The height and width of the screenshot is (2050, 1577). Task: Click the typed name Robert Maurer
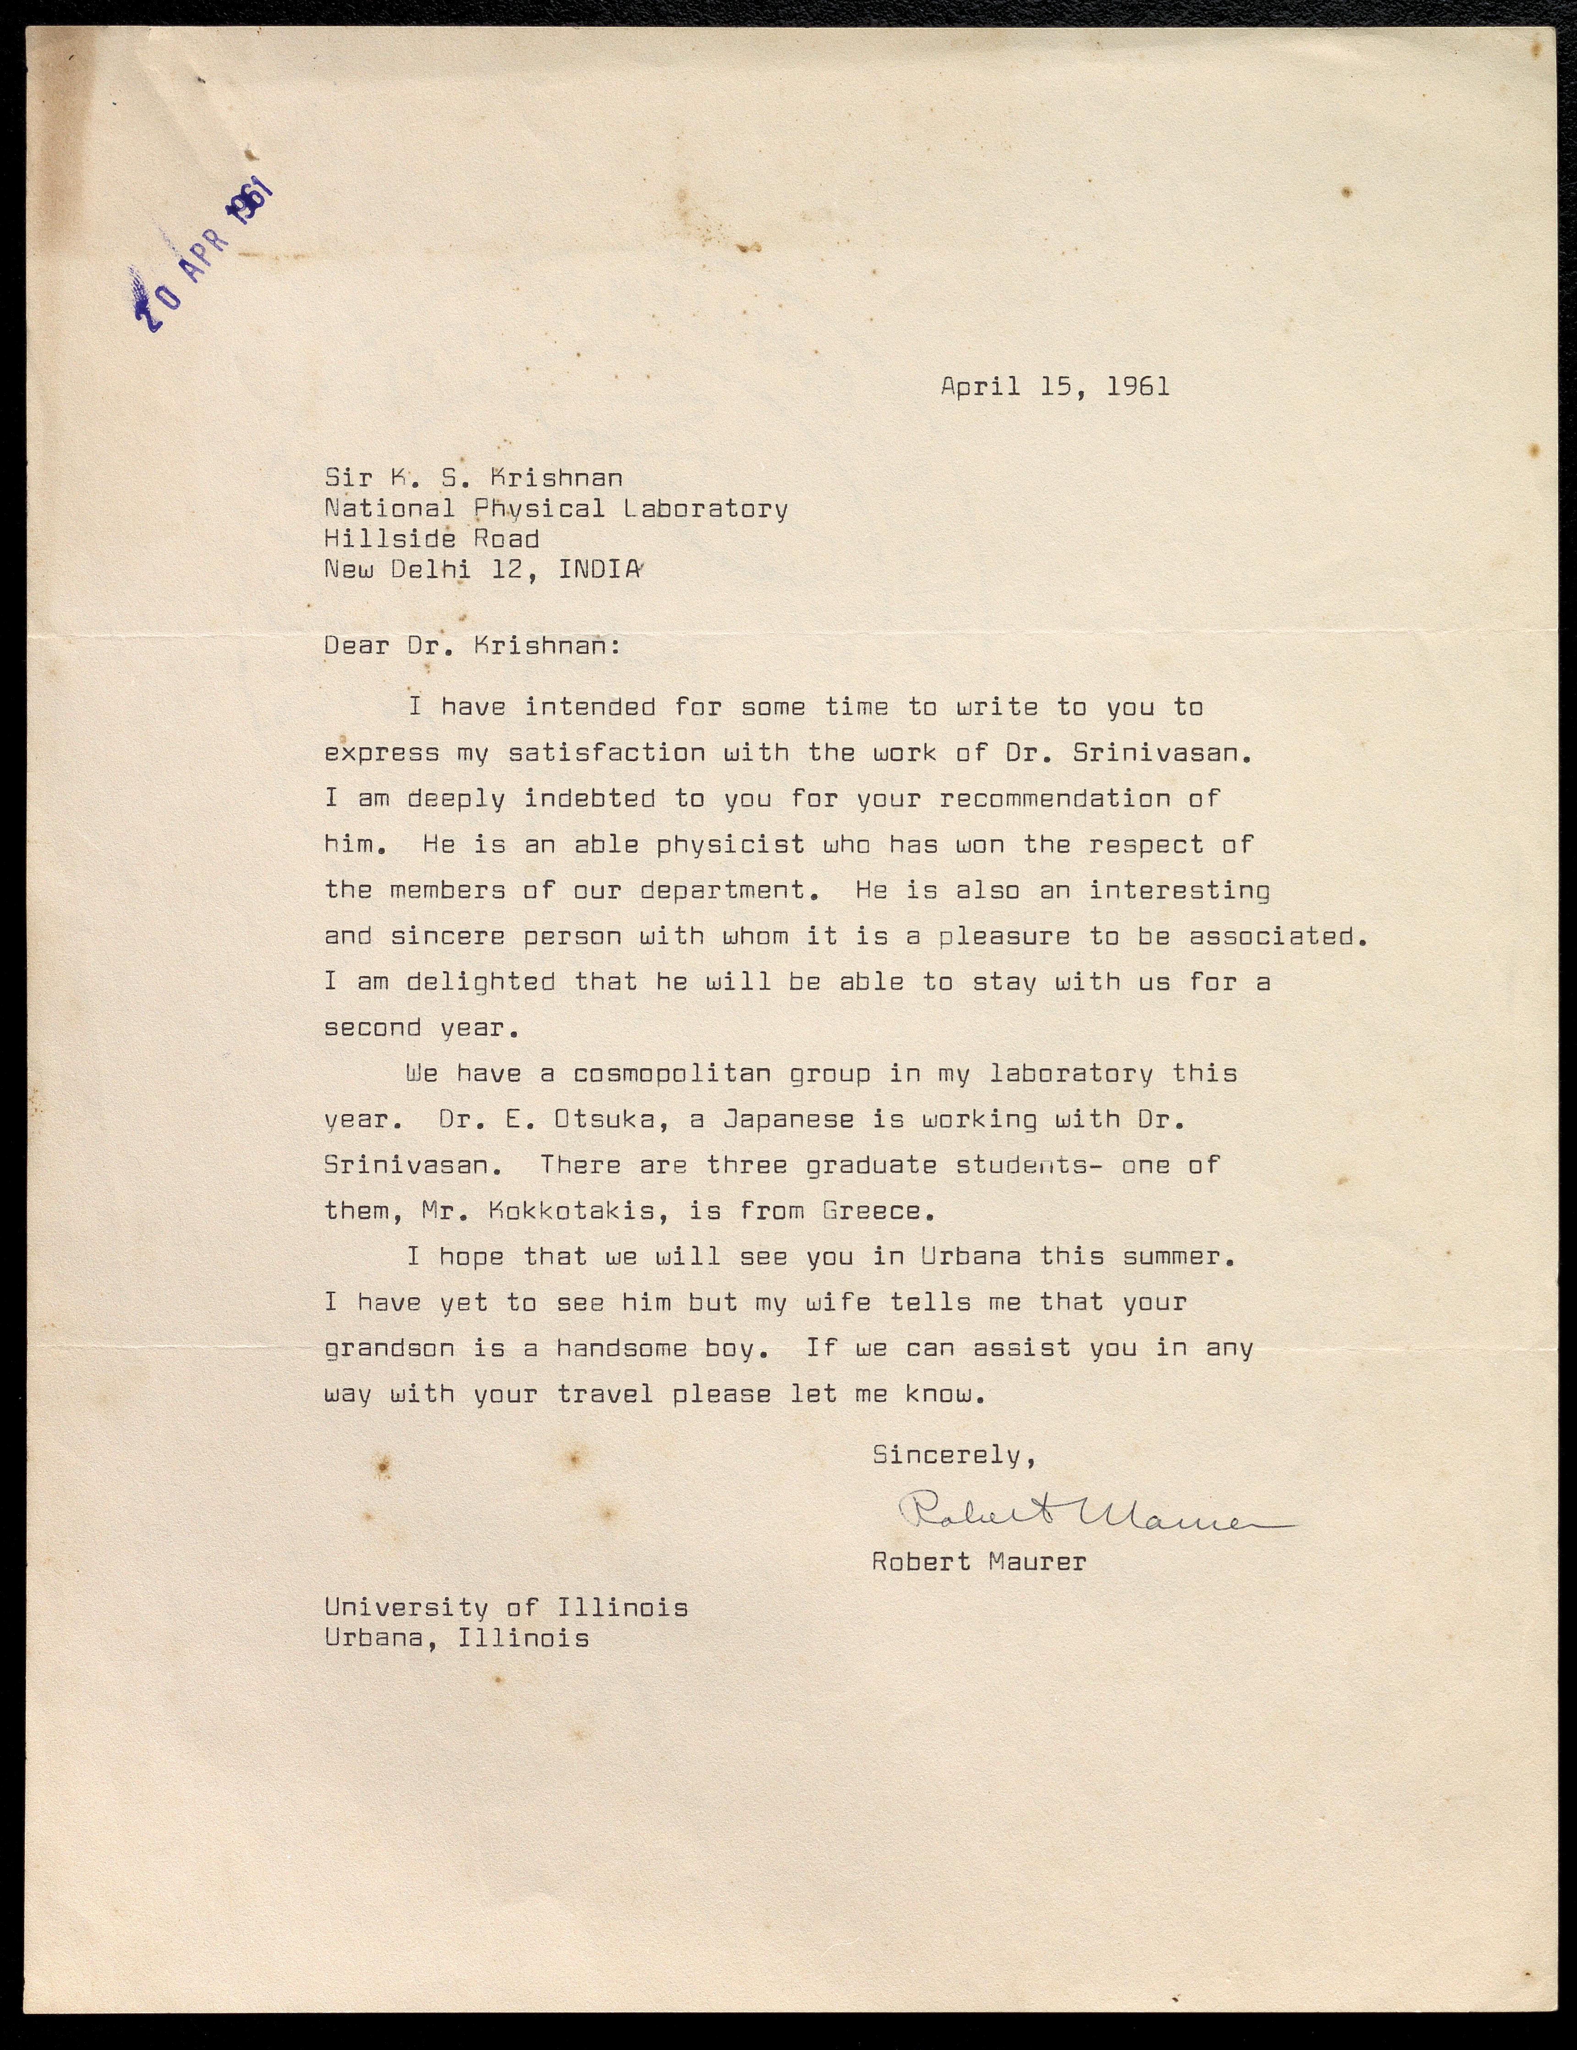pos(979,1562)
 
